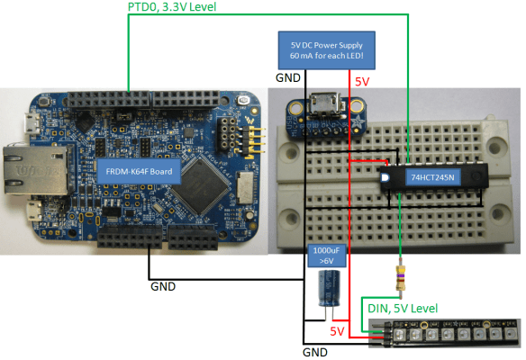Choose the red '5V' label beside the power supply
tap(361, 81)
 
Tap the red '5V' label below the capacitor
tap(338, 331)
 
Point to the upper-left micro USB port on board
tap(30, 120)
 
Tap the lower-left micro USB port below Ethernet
tap(32, 212)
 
